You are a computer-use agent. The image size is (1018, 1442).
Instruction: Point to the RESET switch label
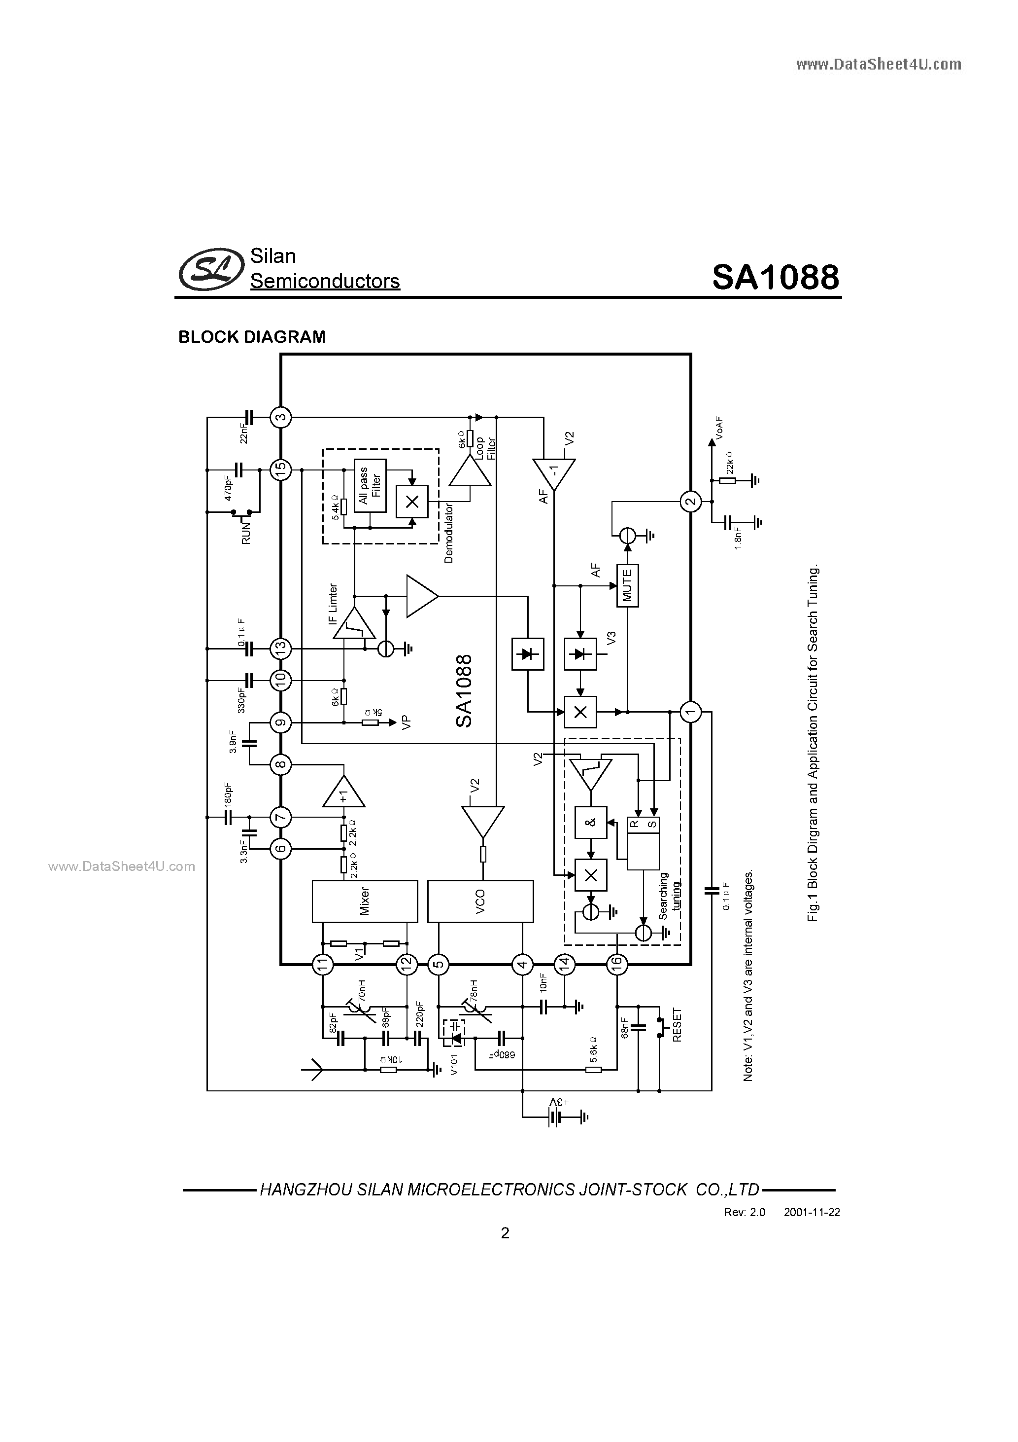tap(677, 1025)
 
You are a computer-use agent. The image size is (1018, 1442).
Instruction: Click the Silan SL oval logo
tap(211, 269)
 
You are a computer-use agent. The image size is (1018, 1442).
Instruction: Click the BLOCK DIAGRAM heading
tap(252, 337)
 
